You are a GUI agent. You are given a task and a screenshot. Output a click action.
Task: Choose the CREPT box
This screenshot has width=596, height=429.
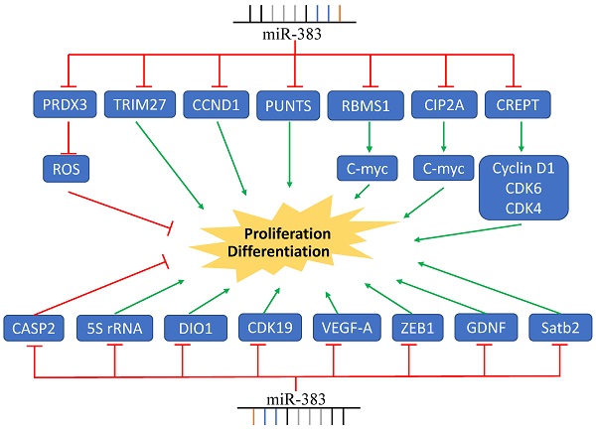coord(515,103)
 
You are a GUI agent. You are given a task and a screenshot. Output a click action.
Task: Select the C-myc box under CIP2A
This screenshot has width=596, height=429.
coord(438,171)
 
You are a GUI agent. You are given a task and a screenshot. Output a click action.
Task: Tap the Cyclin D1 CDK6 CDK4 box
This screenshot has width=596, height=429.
coord(516,186)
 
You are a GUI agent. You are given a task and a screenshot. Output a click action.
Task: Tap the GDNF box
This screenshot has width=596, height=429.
coord(483,325)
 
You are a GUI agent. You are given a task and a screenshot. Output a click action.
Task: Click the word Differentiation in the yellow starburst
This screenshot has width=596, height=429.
coord(280,252)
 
